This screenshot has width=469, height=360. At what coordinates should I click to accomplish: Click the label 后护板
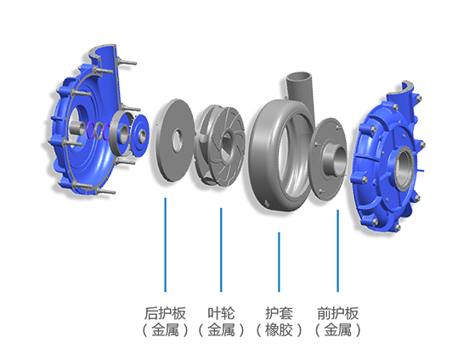pyautogui.click(x=165, y=313)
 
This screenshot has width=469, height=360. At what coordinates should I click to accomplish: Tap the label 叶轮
pyautogui.click(x=221, y=313)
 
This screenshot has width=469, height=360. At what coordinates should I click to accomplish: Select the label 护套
pyautogui.click(x=279, y=313)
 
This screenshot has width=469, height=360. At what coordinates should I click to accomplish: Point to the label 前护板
pyautogui.click(x=337, y=313)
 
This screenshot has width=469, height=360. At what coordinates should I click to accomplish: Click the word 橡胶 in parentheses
pyautogui.click(x=279, y=330)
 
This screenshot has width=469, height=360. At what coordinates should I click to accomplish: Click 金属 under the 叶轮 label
pyautogui.click(x=221, y=330)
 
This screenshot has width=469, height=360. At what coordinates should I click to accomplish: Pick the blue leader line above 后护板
pyautogui.click(x=165, y=245)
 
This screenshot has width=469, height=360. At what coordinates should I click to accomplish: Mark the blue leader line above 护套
pyautogui.click(x=279, y=262)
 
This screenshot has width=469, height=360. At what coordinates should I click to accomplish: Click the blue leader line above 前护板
pyautogui.click(x=337, y=250)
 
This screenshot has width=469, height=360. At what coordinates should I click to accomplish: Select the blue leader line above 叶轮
pyautogui.click(x=221, y=250)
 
